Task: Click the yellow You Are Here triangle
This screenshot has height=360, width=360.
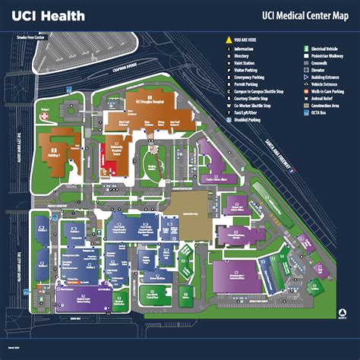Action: (x=228, y=38)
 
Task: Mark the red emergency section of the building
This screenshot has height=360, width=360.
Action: (x=107, y=161)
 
